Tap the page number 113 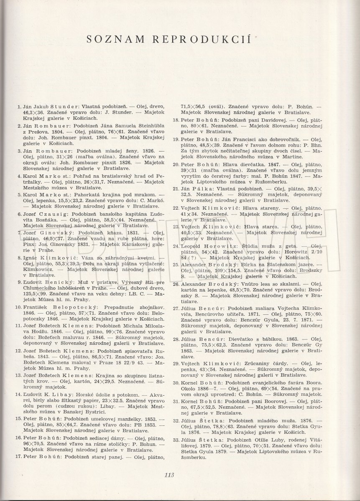[x=169, y=474]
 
